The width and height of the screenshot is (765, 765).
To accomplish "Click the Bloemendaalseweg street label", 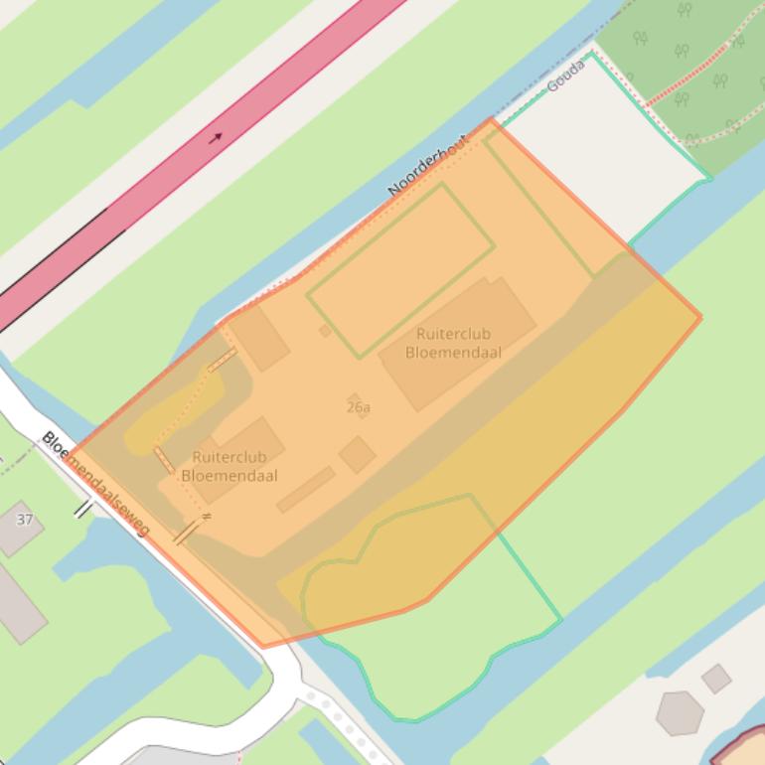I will (x=95, y=484).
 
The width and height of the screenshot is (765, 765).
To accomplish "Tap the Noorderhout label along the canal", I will (x=427, y=166).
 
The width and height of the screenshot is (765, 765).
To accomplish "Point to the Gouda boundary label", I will (x=566, y=76).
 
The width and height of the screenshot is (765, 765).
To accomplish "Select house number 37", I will (x=25, y=520).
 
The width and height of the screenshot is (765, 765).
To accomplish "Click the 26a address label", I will (x=359, y=407).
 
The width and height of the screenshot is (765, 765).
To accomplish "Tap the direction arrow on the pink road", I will (x=216, y=137).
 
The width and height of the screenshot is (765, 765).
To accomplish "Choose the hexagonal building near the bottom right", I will (x=680, y=713).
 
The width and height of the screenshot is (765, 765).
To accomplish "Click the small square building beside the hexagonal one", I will (x=716, y=679).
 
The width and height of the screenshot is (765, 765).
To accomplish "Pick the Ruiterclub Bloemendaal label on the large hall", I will (x=453, y=343).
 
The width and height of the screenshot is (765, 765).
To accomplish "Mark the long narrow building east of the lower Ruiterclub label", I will (x=306, y=489).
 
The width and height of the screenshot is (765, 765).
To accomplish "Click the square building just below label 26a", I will (x=357, y=455).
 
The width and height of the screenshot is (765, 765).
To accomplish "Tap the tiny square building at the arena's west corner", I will (x=325, y=330).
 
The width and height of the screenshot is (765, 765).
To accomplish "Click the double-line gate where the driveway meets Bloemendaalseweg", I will (x=186, y=533).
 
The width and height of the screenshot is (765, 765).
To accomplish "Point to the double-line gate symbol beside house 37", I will (x=83, y=509).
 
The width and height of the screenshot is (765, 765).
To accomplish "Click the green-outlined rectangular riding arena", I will (x=400, y=270).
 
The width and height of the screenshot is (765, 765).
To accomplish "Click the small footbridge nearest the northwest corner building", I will (x=222, y=360).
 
